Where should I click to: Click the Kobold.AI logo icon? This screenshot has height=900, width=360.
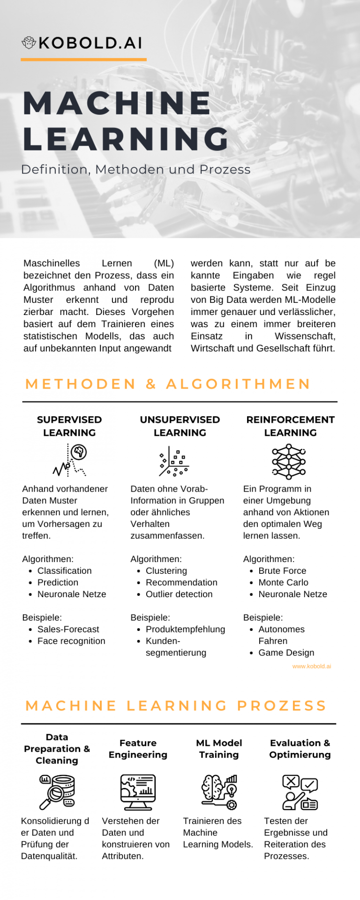(29, 43)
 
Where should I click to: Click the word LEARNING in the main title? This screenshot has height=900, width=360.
(126, 139)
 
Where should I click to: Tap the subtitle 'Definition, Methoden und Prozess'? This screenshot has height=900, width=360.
(136, 169)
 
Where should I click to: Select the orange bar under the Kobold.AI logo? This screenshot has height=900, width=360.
(83, 60)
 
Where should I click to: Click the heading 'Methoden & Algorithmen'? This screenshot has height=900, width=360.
(168, 384)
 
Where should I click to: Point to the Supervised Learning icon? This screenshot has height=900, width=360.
(70, 460)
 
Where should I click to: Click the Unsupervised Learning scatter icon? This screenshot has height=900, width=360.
(173, 462)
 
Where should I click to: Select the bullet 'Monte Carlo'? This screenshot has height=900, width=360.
(283, 582)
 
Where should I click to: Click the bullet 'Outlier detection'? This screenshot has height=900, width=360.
(179, 594)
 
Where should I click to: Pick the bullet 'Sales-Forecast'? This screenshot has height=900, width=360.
(68, 629)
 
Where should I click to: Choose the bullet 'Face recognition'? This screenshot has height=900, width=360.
(71, 641)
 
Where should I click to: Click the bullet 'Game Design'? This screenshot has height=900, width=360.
(286, 652)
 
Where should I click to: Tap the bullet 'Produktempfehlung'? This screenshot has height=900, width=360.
(185, 629)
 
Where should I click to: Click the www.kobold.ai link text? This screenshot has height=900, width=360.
(311, 666)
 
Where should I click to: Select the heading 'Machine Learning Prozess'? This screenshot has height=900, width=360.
(176, 705)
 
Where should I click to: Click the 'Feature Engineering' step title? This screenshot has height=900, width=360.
(138, 749)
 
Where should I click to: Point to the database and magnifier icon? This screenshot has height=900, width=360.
(57, 792)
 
